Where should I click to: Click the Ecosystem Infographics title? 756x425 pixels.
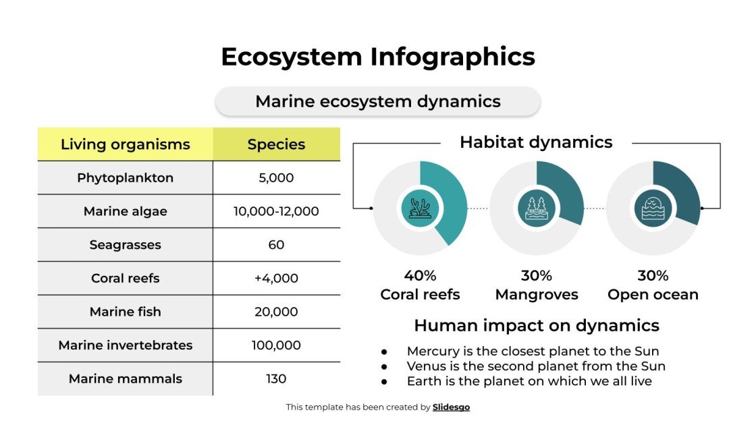(x=378, y=57)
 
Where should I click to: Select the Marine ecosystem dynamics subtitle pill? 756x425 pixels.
(x=378, y=102)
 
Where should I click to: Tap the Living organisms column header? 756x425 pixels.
(x=126, y=144)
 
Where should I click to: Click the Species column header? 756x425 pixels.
(x=276, y=144)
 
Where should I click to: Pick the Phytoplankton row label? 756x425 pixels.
(x=126, y=178)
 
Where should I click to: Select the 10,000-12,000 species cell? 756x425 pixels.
(x=276, y=211)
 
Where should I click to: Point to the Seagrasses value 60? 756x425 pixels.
(x=276, y=245)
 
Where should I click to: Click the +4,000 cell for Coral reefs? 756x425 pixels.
(x=276, y=278)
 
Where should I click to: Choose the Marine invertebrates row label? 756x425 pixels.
(x=126, y=345)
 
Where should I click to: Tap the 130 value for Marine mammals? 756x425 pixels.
(x=276, y=379)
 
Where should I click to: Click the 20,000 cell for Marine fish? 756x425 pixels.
(x=276, y=312)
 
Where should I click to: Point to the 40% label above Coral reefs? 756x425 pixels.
(x=420, y=276)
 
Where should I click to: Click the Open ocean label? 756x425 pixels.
(x=653, y=295)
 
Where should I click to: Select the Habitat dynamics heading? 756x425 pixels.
(x=536, y=142)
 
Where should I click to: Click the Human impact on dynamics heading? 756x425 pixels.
(x=536, y=326)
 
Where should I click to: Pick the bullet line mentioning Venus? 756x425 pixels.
(x=536, y=366)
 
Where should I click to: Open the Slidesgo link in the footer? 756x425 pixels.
(x=451, y=407)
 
